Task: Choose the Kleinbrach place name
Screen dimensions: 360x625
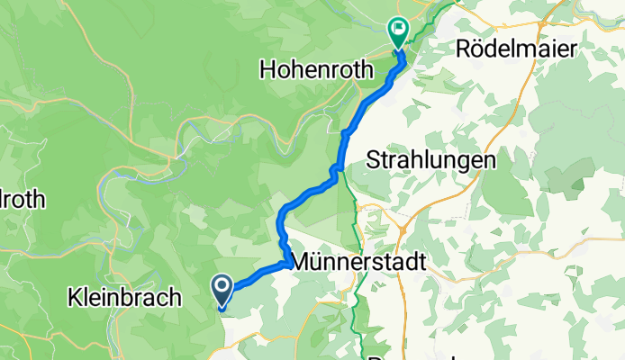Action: click(x=125, y=297)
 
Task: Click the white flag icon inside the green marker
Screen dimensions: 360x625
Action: click(x=397, y=29)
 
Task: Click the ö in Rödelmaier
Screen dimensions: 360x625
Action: click(x=482, y=49)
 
